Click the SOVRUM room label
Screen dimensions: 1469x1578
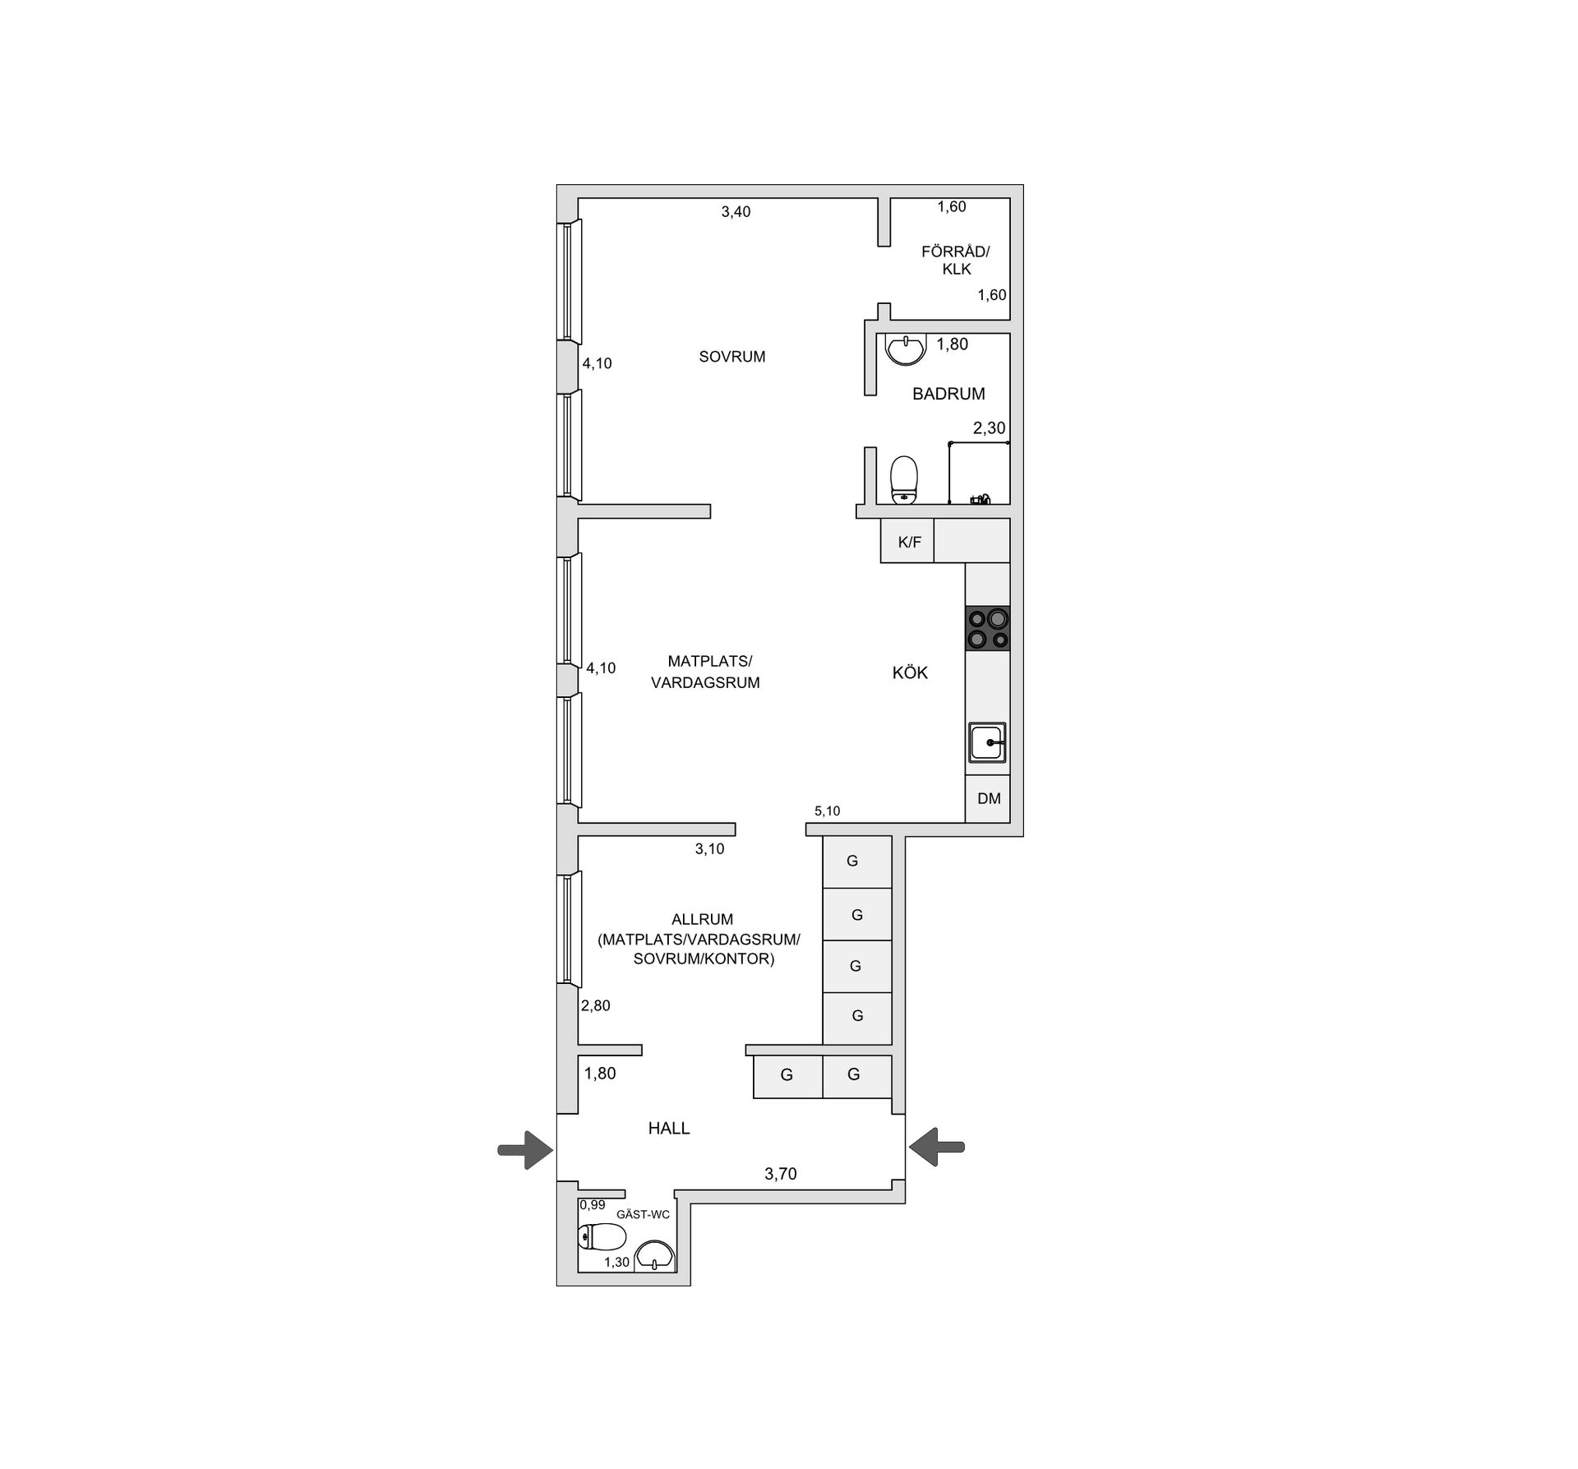731,357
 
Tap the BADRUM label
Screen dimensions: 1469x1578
948,394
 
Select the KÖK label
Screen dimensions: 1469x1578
910,673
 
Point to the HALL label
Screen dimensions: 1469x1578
669,1129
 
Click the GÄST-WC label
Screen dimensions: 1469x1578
643,1214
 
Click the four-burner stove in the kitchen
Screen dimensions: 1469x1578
987,629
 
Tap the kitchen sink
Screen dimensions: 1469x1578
987,743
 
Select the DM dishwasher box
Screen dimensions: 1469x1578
989,798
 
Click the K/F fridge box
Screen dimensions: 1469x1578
909,543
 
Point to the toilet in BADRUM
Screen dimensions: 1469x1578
904,479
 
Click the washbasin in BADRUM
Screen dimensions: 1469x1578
905,349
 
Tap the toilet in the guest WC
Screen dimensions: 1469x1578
602,1236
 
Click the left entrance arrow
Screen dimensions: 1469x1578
525,1148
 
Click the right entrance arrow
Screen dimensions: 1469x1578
937,1146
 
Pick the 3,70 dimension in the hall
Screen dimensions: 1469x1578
781,1174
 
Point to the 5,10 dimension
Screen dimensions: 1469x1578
827,811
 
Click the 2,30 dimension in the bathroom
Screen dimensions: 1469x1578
989,427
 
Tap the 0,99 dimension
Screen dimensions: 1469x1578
593,1205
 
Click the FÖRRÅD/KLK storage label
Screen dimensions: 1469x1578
956,261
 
